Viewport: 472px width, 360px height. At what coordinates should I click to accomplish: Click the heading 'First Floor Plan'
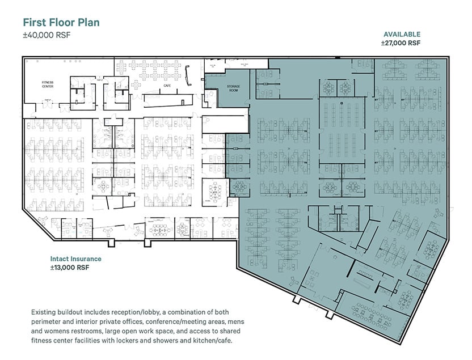[61, 23]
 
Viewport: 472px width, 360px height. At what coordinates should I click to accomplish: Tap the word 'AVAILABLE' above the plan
[402, 34]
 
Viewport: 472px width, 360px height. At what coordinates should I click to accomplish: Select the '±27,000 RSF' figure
[401, 43]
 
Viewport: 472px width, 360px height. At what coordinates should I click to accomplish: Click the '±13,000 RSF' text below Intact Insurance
[70, 268]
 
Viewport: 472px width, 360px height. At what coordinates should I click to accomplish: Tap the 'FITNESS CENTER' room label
[47, 84]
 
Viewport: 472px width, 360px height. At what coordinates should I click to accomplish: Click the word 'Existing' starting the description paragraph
[45, 312]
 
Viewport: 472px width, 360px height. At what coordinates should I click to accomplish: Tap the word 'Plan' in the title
[88, 23]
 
